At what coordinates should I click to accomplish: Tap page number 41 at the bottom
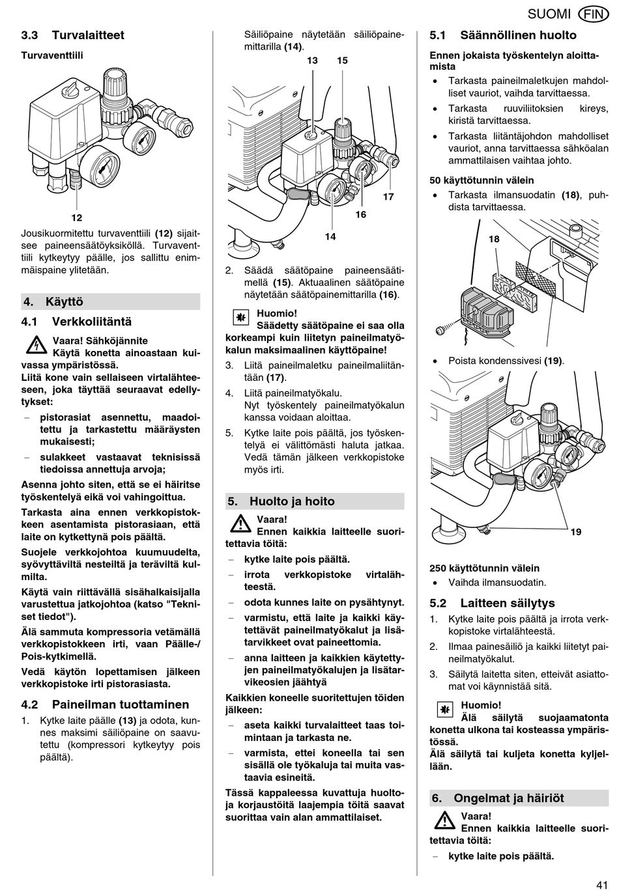(601, 884)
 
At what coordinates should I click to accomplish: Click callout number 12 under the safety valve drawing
(77, 218)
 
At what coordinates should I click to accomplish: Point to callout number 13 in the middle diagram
(313, 61)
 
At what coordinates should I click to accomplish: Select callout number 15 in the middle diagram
(343, 61)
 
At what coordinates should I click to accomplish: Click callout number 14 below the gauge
(330, 236)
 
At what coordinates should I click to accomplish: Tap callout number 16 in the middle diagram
(360, 214)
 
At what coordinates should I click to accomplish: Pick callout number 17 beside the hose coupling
(388, 197)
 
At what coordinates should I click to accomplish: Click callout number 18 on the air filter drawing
(494, 239)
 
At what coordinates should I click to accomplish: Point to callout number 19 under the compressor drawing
(576, 532)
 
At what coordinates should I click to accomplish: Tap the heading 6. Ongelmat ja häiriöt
(498, 798)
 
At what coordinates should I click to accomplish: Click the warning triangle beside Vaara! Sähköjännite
(36, 346)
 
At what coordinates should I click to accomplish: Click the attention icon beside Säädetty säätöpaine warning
(240, 318)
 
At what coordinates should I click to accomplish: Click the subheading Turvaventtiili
(52, 55)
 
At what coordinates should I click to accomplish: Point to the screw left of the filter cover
(440, 331)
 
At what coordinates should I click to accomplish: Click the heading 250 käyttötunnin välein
(484, 568)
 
